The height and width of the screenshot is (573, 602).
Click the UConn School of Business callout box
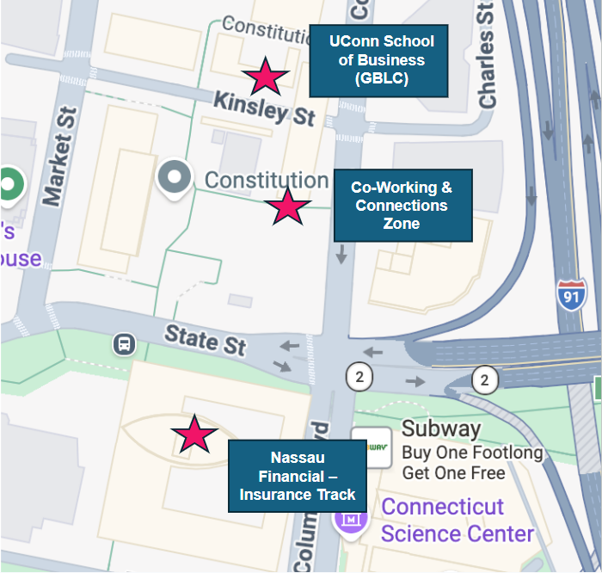(x=378, y=60)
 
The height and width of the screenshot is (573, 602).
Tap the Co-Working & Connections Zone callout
(x=402, y=206)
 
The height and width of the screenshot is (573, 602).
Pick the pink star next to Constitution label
(x=286, y=206)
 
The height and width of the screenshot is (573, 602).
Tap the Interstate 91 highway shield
(x=570, y=295)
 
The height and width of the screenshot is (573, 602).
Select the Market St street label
(x=59, y=157)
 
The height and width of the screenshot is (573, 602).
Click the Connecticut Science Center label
(x=457, y=519)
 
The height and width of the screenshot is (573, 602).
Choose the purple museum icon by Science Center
(x=350, y=519)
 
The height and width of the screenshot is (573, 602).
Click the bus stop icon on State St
(x=125, y=344)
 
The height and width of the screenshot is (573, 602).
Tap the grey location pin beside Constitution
(x=175, y=177)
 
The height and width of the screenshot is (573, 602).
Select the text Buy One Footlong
(x=472, y=453)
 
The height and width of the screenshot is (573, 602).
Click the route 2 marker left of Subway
(x=359, y=376)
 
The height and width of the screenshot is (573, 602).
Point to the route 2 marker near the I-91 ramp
(x=485, y=379)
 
